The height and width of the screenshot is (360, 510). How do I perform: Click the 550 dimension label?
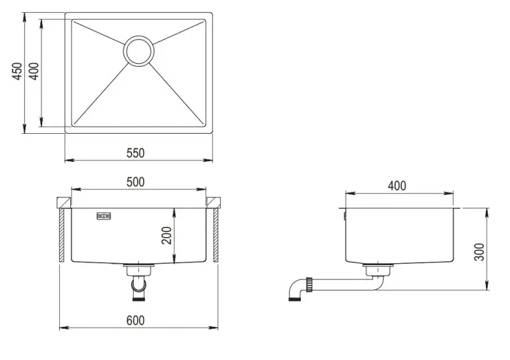coord(135,152)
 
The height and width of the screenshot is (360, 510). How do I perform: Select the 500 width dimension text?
coord(135,182)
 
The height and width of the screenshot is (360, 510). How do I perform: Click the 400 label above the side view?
coord(397,186)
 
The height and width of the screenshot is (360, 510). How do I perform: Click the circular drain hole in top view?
coord(139,50)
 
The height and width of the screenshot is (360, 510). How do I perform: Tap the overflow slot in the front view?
coord(103,216)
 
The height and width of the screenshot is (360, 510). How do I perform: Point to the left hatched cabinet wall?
coord(61,237)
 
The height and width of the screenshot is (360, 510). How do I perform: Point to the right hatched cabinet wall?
coord(215,237)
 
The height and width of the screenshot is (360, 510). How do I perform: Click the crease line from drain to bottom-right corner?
coord(178,93)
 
